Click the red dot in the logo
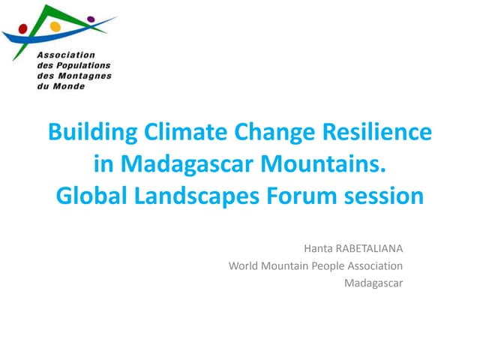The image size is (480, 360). tap(23, 29)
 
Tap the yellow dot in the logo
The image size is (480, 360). tap(54, 26)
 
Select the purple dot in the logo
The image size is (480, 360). tap(91, 19)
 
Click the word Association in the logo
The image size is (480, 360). tap(66, 55)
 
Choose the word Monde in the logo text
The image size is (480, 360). tap(71, 86)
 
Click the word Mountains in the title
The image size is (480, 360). tap(328, 164)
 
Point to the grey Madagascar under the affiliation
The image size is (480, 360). tap(373, 283)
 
